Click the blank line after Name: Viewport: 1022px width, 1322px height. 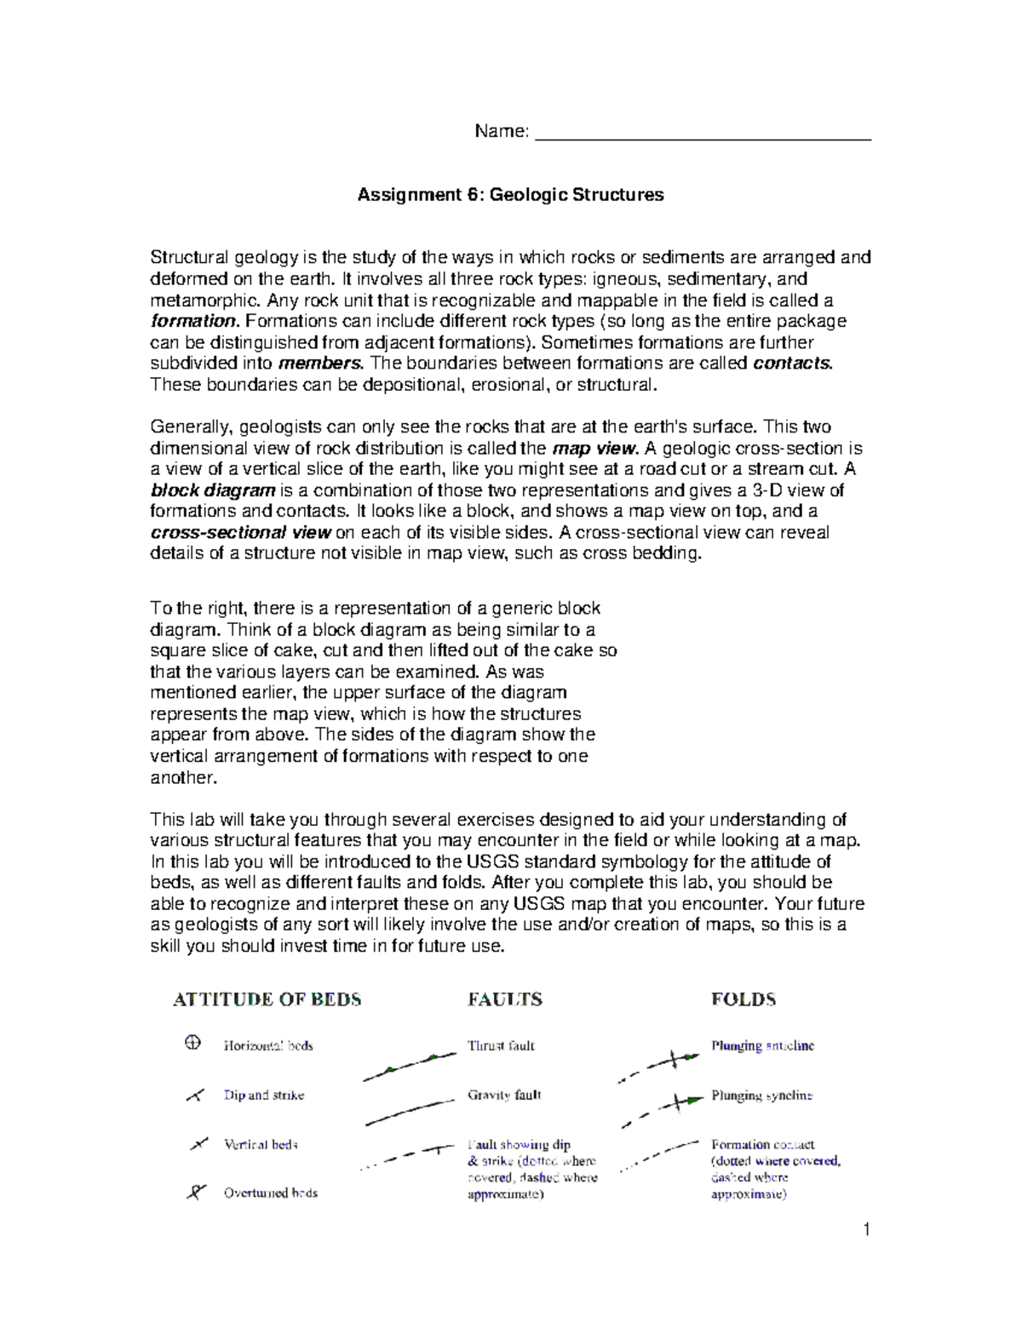(703, 137)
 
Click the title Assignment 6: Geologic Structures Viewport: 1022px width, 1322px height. (510, 195)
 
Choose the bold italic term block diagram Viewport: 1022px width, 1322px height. (213, 490)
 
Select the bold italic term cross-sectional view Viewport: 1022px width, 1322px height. (240, 533)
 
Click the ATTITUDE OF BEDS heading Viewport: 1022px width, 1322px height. (267, 999)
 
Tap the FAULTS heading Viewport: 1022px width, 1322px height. (505, 999)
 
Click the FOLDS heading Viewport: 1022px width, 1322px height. (744, 999)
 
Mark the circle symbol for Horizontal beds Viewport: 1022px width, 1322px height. (193, 1043)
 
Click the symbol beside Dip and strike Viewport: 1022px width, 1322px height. (195, 1096)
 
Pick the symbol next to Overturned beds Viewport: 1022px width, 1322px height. (196, 1192)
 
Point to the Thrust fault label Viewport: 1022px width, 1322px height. (501, 1045)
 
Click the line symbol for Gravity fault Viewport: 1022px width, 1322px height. (409, 1112)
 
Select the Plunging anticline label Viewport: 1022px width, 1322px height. (762, 1045)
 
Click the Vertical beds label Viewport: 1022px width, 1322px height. (261, 1145)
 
